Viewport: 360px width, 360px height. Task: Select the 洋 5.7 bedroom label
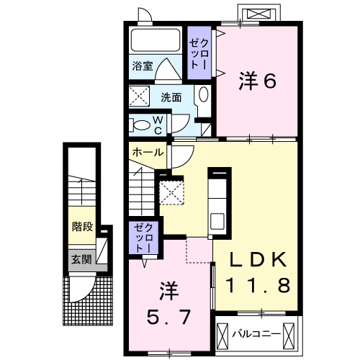(168, 303)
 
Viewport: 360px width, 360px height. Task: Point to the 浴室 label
(142, 66)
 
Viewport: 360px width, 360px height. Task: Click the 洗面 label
(171, 97)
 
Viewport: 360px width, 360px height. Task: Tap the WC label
(158, 125)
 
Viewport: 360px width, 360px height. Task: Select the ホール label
(148, 153)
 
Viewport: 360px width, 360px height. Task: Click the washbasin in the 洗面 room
(203, 95)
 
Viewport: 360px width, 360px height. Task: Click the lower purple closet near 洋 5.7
(140, 237)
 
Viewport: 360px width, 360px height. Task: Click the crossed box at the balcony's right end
(289, 333)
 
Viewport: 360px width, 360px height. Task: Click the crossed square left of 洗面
(140, 96)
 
